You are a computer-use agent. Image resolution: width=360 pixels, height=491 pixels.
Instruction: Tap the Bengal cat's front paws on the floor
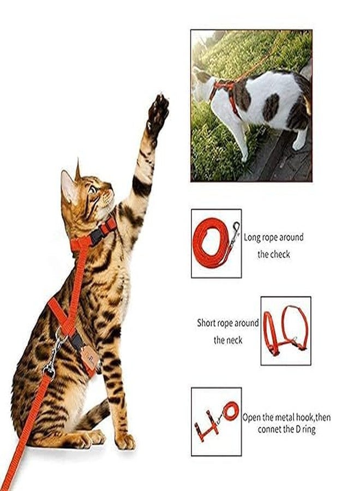(x=109, y=439)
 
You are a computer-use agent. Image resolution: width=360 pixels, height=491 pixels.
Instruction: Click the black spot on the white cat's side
(x=271, y=106)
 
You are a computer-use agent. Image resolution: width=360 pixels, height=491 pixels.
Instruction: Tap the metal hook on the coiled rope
(x=235, y=229)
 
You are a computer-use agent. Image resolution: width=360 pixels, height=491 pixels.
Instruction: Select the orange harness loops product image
(x=285, y=330)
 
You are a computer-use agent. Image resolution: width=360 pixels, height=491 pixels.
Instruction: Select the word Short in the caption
(x=208, y=323)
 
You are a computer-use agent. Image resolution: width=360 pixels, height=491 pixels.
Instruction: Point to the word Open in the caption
(x=252, y=417)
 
